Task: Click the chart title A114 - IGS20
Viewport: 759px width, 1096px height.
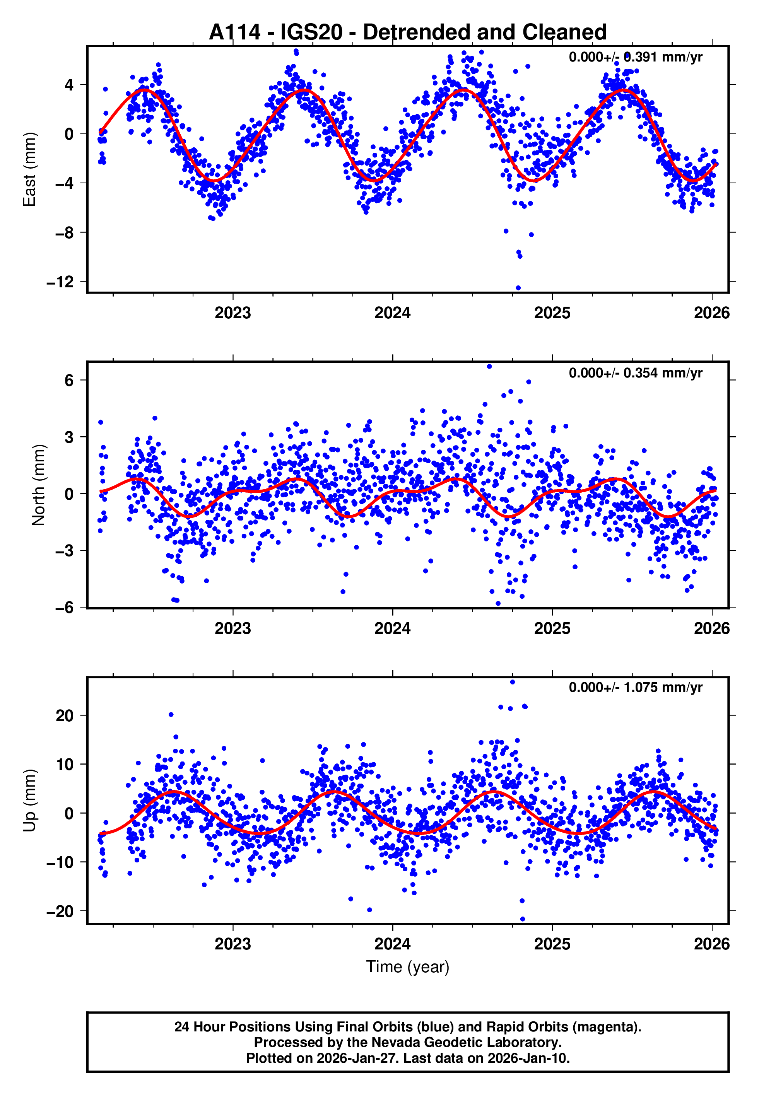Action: (x=408, y=32)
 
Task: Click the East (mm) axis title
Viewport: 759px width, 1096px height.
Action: (x=29, y=169)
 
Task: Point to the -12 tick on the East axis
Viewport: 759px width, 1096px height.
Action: (x=60, y=282)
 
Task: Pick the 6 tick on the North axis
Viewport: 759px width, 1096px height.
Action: (x=69, y=380)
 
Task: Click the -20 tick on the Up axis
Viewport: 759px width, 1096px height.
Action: (x=60, y=912)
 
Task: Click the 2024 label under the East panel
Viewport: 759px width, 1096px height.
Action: (x=392, y=313)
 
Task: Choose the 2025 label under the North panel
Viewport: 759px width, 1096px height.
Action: (x=552, y=628)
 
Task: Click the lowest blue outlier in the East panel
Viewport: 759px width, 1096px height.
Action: (x=518, y=288)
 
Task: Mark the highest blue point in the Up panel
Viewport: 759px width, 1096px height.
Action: (x=512, y=682)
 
